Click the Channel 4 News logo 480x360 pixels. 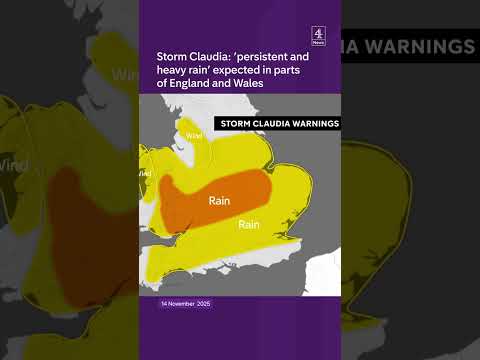point(318,36)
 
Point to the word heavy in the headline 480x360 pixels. point(175,71)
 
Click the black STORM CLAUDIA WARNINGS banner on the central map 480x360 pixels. point(277,124)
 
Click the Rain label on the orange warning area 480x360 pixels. point(221,200)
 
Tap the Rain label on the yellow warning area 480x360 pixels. point(250,225)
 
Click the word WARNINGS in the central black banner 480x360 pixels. point(312,124)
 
